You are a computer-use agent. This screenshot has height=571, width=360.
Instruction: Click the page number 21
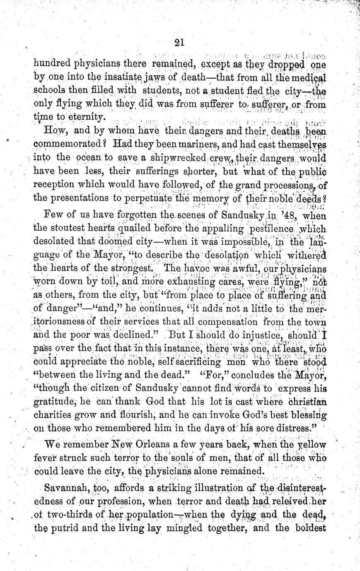[x=180, y=43]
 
